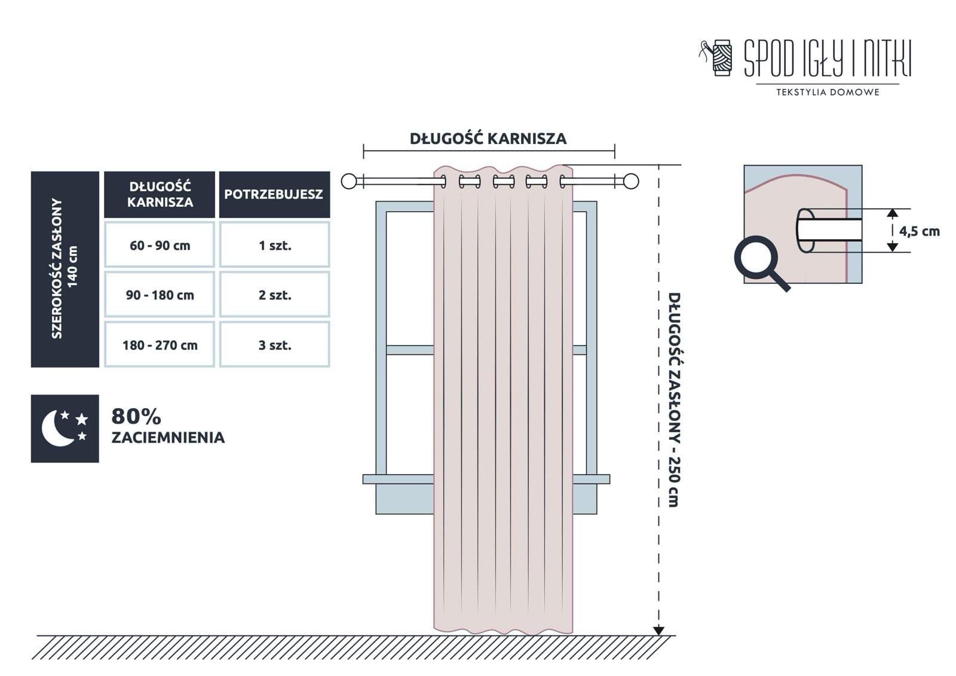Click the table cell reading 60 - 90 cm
[x=160, y=245]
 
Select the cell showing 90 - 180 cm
[x=160, y=295]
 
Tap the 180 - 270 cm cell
[x=160, y=345]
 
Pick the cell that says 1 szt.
[x=275, y=245]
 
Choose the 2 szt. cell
[x=275, y=295]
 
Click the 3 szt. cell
[x=275, y=345]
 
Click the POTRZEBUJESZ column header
[x=274, y=194]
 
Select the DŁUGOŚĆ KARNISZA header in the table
[x=160, y=194]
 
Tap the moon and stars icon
[x=65, y=428]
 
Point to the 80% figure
[x=136, y=416]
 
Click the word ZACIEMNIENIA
[x=168, y=438]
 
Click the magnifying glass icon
[x=758, y=260]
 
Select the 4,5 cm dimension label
[x=919, y=231]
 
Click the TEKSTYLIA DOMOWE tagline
[x=828, y=92]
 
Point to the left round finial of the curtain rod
[x=349, y=181]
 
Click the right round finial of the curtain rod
[x=630, y=181]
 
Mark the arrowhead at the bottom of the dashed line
[x=658, y=630]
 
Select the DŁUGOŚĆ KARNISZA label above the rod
[x=488, y=139]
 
